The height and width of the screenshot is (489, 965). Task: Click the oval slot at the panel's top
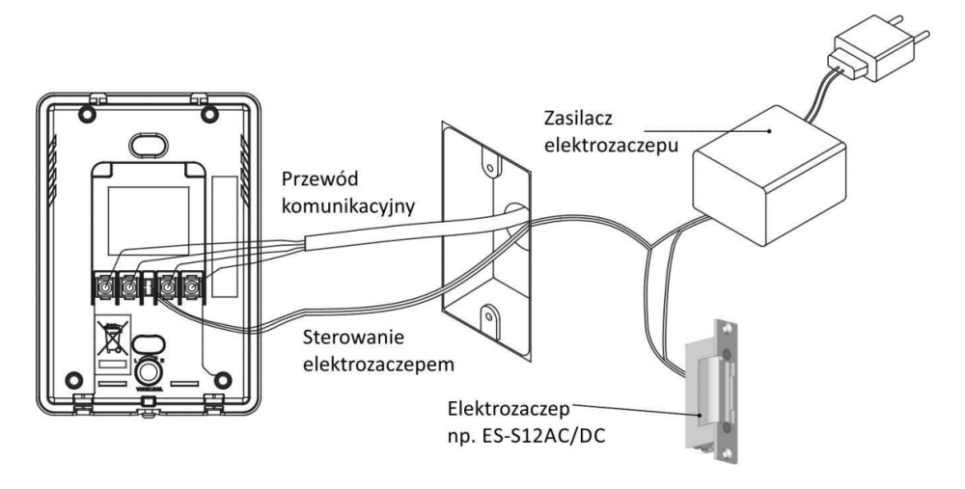coord(148,143)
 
